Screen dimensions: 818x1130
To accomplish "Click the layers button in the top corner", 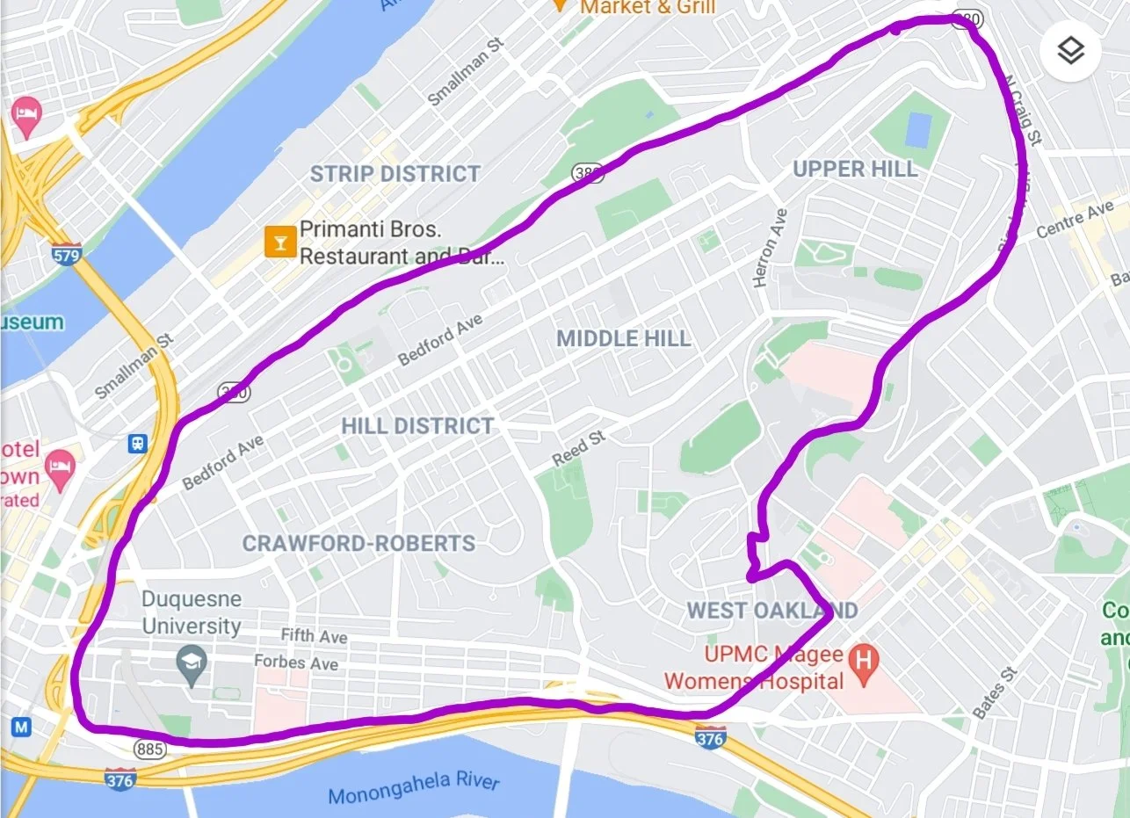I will click(x=1069, y=51).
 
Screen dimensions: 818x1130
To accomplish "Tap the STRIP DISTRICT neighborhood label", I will click(x=395, y=174).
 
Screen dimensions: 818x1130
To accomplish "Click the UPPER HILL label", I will click(x=855, y=169).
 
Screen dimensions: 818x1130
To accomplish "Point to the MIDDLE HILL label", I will click(x=624, y=338).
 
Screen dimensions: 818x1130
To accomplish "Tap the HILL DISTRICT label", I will click(x=417, y=426).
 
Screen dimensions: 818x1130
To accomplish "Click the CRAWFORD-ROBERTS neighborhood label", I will click(x=359, y=543).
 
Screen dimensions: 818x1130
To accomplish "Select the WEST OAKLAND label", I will click(x=771, y=610).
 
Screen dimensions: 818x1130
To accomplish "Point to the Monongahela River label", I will click(x=413, y=788).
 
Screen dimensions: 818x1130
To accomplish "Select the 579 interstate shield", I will click(x=67, y=256).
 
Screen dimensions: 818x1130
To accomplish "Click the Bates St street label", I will click(x=995, y=692).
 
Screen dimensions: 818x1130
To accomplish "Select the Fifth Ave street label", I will click(x=314, y=635).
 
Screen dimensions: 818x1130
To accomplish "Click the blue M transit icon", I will click(x=21, y=727).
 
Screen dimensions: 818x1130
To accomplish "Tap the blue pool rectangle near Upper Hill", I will click(x=916, y=130).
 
